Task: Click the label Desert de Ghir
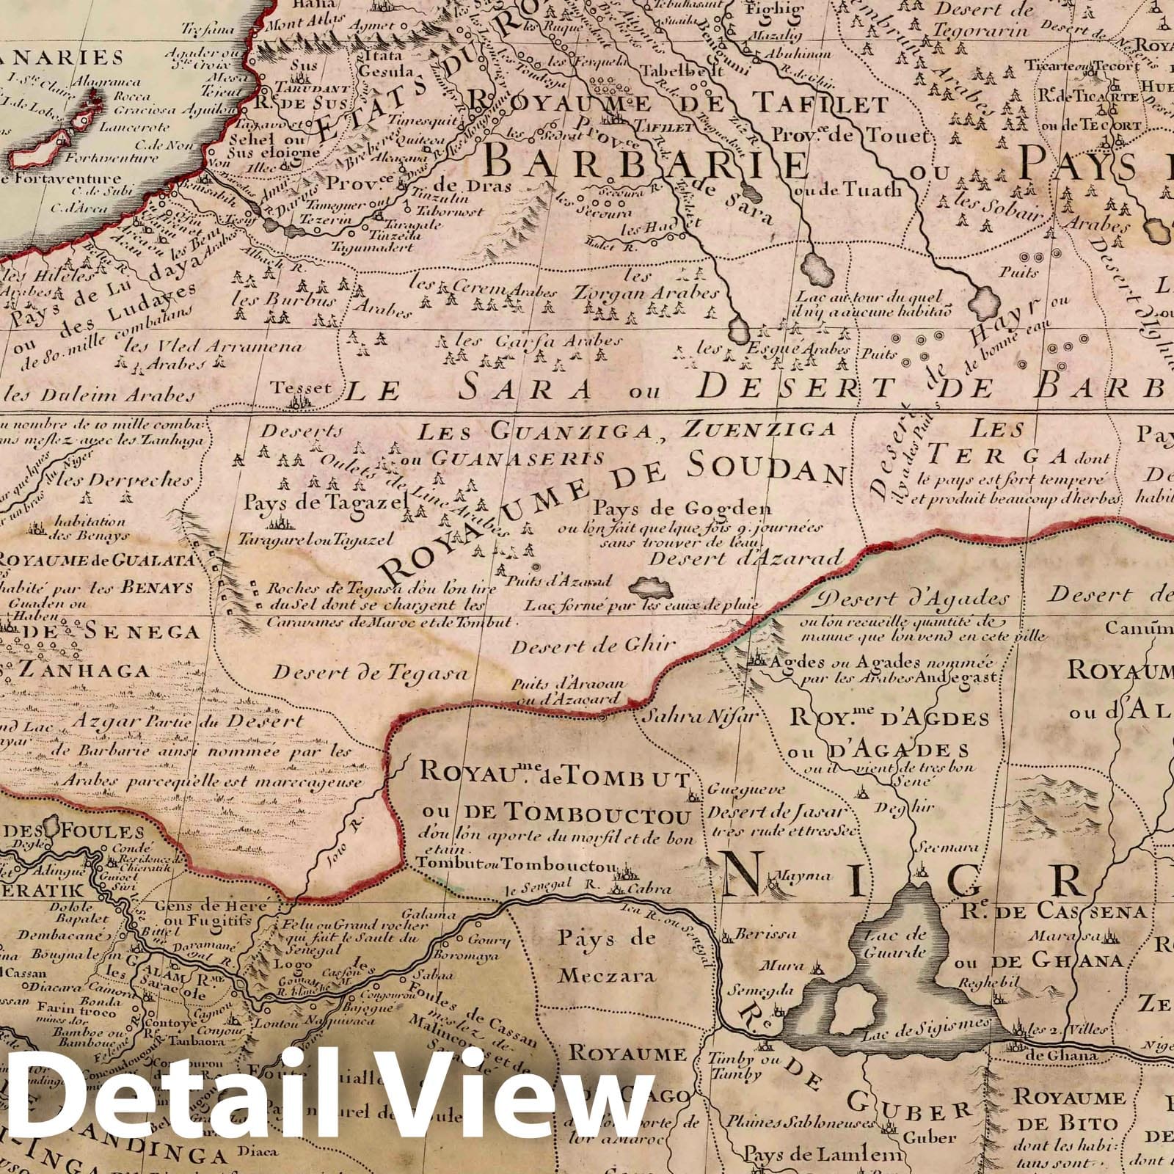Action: point(593,646)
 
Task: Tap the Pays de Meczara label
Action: point(605,956)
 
